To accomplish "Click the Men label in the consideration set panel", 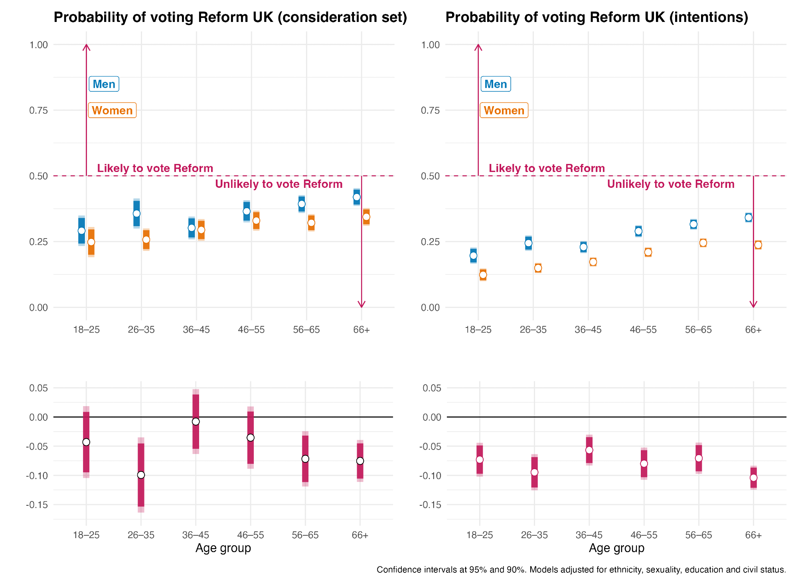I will [104, 84].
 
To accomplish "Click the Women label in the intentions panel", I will [504, 110].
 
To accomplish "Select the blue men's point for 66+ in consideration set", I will [357, 197].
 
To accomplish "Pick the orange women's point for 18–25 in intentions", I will [483, 275].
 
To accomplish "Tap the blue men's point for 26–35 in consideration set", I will [136, 213].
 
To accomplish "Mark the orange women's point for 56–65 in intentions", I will [703, 243].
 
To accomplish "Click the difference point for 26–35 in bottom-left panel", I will [141, 475].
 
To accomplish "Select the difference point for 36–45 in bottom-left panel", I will [196, 422].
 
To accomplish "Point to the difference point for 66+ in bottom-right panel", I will [753, 478].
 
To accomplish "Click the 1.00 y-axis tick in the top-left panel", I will [39, 45].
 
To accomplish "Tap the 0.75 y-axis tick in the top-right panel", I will [431, 110].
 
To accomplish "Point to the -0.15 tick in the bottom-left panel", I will [37, 505].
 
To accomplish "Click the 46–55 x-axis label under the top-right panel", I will [643, 330].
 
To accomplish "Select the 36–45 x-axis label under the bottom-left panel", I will [196, 535].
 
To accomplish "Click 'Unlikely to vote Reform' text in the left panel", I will [279, 184].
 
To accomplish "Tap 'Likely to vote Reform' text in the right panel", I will [547, 168].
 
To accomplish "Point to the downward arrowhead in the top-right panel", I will [753, 305].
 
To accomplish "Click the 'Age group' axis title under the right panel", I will [616, 548].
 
